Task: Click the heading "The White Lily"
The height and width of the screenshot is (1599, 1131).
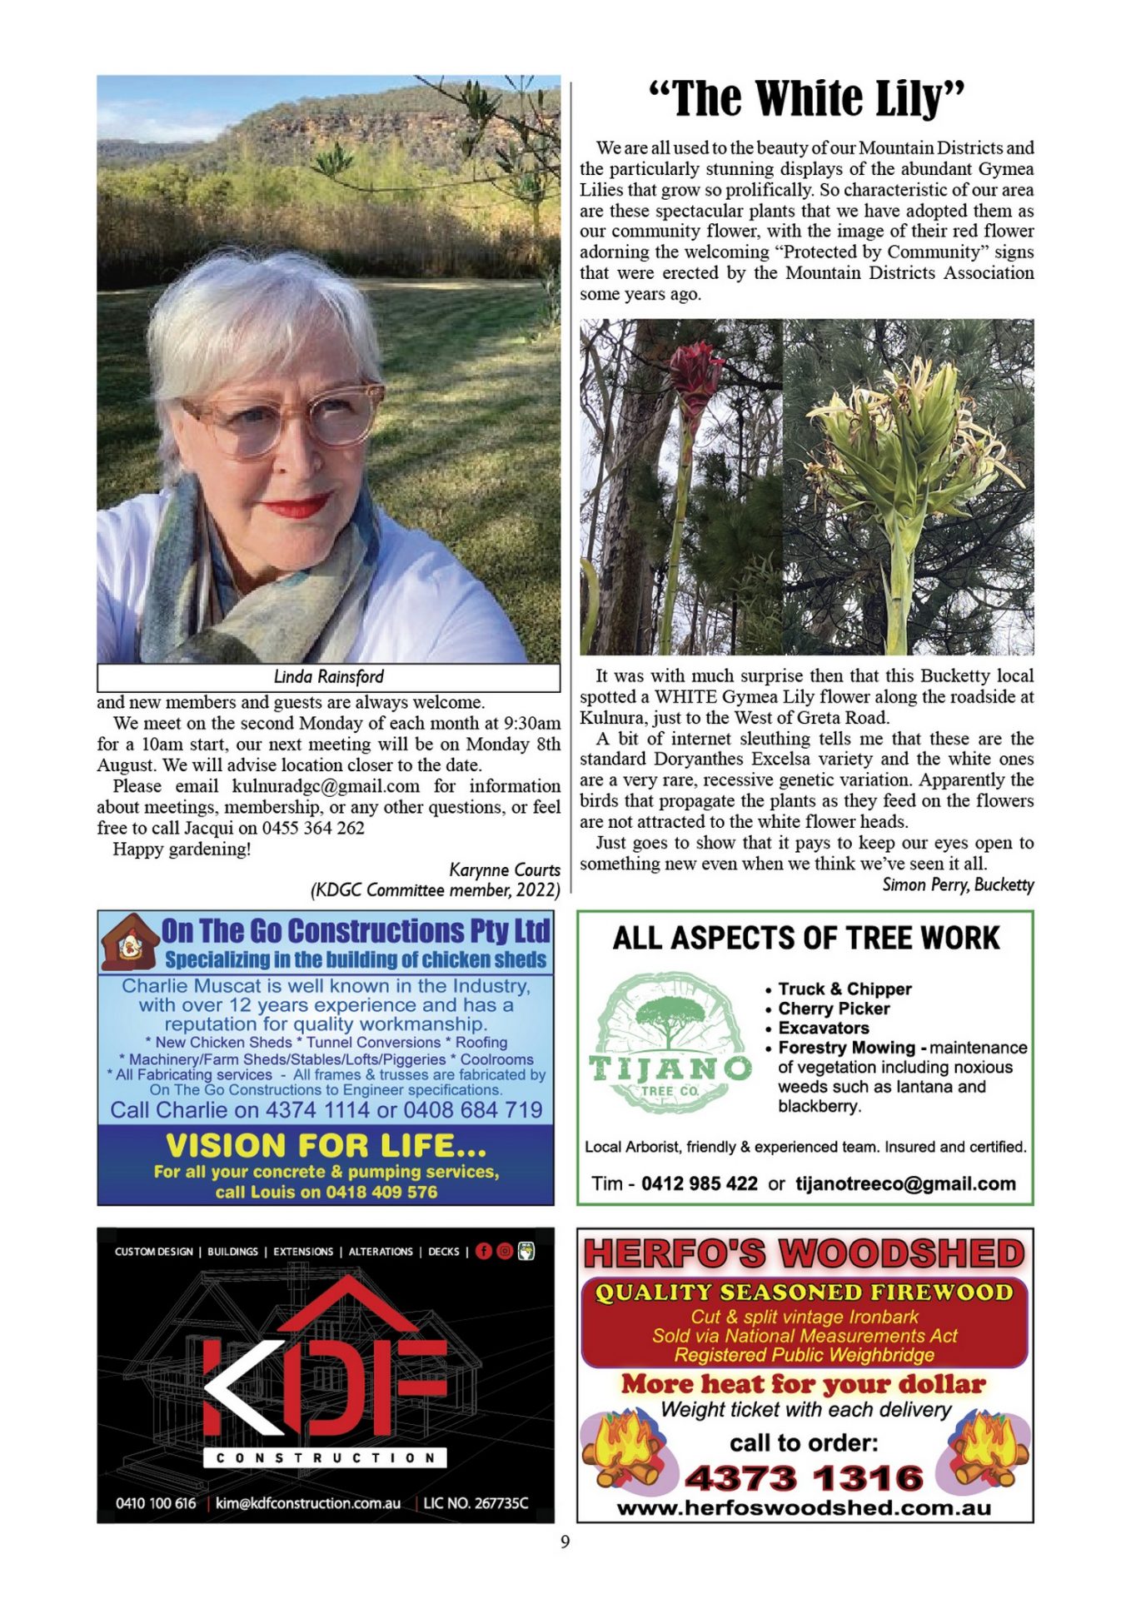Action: (x=806, y=99)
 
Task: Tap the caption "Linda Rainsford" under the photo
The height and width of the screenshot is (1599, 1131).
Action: (x=328, y=676)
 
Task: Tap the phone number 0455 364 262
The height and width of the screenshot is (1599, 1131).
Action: (x=313, y=828)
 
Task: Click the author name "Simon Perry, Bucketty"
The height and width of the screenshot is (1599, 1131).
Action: (x=958, y=884)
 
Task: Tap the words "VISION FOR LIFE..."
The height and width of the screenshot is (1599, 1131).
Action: (x=326, y=1146)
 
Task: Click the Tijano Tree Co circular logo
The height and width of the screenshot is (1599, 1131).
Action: (x=670, y=1042)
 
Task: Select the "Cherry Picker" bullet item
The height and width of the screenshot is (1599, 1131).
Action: (x=834, y=1009)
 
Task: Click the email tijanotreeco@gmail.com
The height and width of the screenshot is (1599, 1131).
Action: (x=905, y=1183)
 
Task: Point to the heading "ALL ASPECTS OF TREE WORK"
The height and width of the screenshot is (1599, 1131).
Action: (x=805, y=938)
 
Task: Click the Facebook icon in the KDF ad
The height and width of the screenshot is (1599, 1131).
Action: (x=484, y=1251)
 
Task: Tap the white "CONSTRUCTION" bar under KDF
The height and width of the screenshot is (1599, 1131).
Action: (x=325, y=1457)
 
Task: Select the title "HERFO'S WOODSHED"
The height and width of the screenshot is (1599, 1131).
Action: (x=804, y=1254)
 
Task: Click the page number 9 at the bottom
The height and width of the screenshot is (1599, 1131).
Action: (x=565, y=1542)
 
